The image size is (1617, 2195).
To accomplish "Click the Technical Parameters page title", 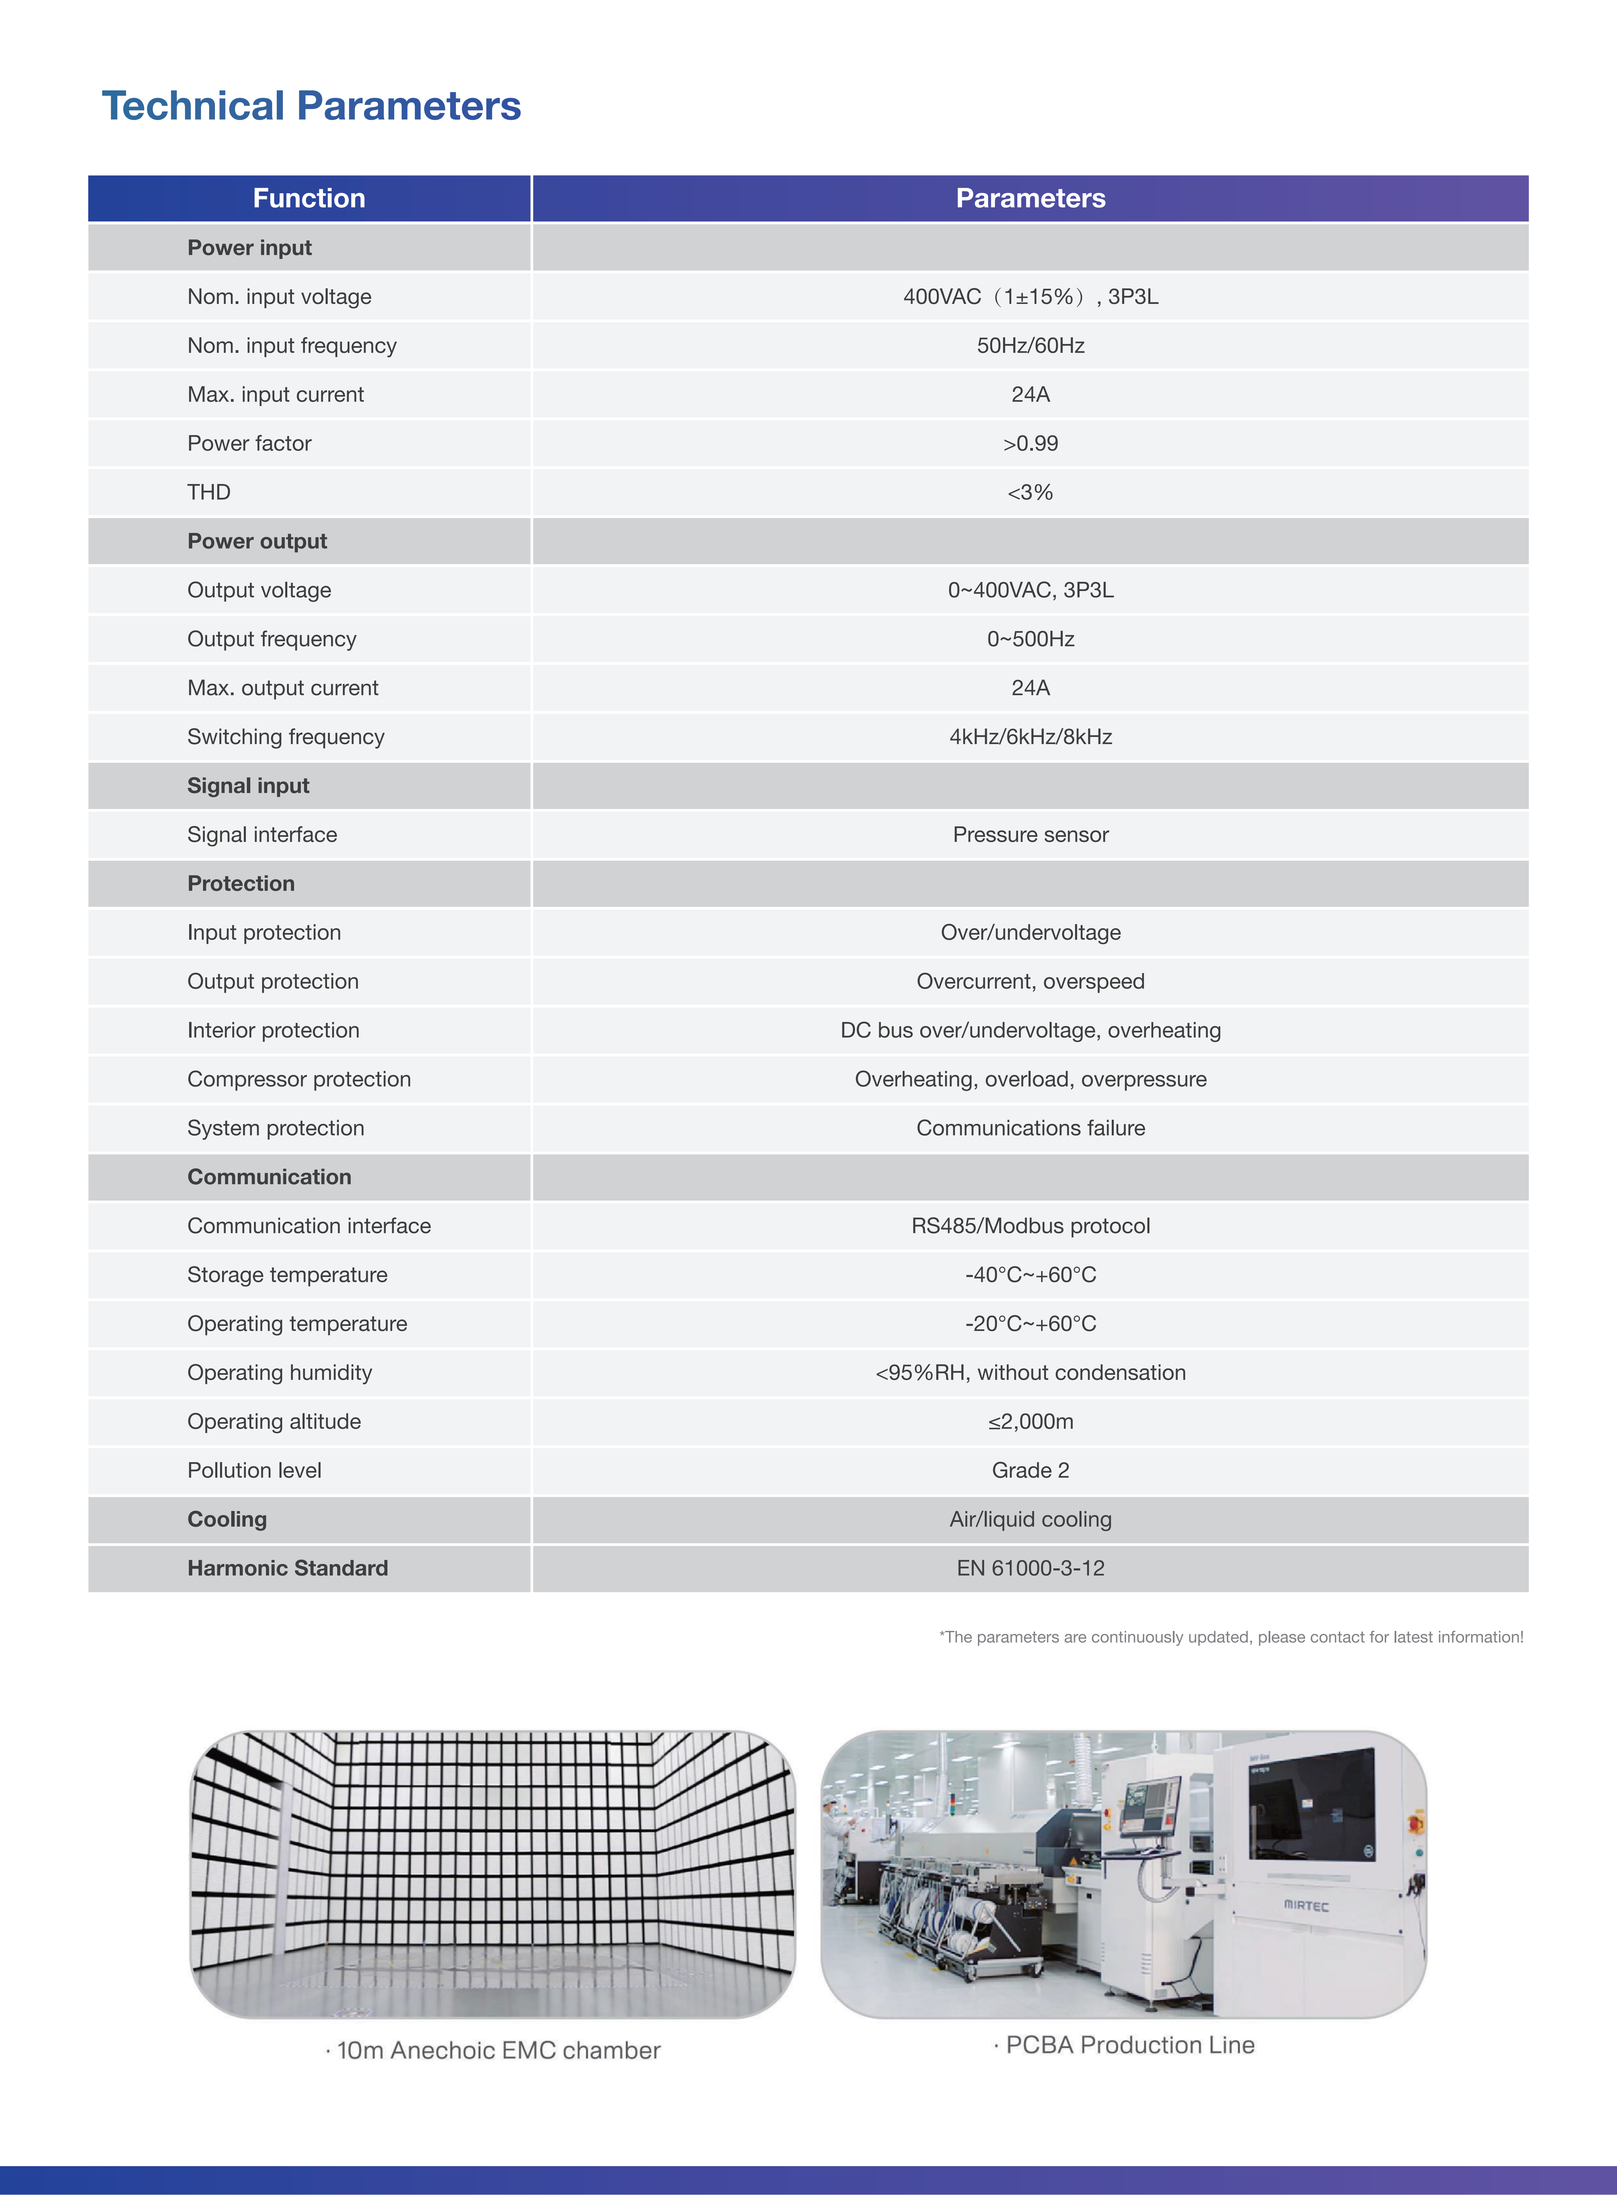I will click(x=311, y=106).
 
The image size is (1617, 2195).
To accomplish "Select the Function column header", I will click(x=309, y=199).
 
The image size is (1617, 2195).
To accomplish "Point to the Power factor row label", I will click(x=250, y=444).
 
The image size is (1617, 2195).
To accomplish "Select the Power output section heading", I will click(x=257, y=541).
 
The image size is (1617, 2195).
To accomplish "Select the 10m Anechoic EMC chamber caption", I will click(x=494, y=2050).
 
